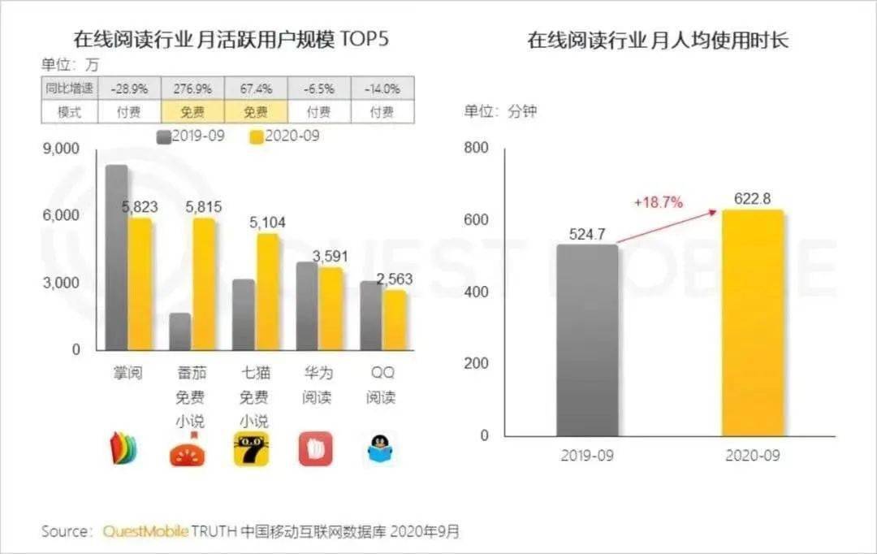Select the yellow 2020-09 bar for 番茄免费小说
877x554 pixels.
pyautogui.click(x=203, y=284)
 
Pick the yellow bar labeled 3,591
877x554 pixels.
pyautogui.click(x=330, y=309)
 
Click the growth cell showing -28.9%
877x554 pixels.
pyautogui.click(x=130, y=88)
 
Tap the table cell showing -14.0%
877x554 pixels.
pyautogui.click(x=382, y=88)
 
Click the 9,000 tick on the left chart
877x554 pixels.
pyautogui.click(x=61, y=149)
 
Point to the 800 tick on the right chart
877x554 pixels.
pyautogui.click(x=477, y=148)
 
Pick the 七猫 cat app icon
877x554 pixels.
pyautogui.click(x=252, y=449)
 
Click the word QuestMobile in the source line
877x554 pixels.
pyautogui.click(x=145, y=532)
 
